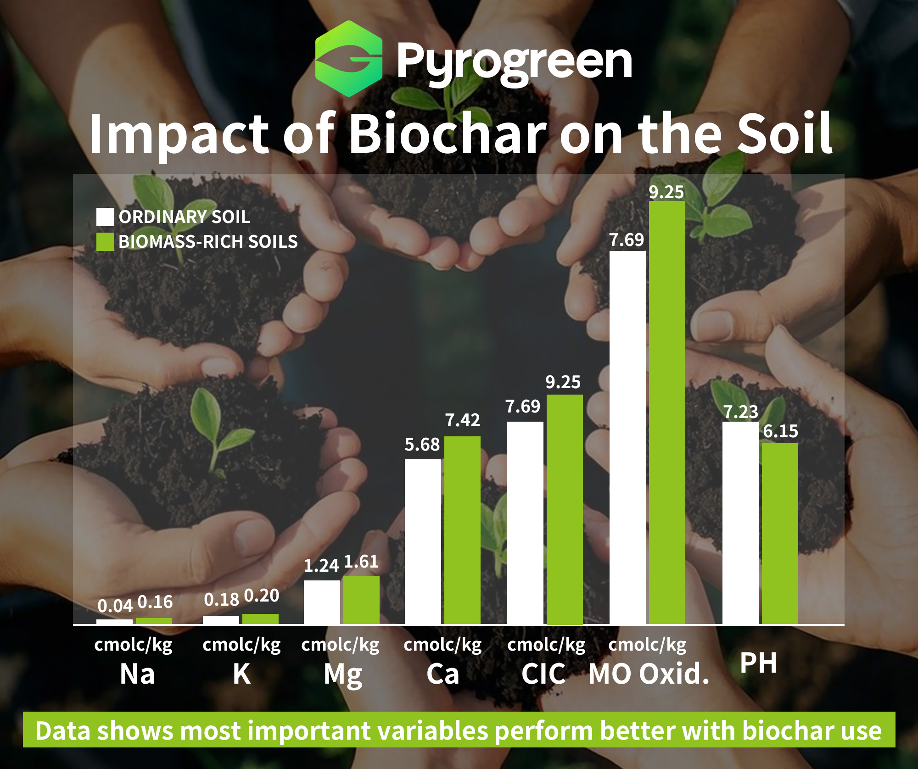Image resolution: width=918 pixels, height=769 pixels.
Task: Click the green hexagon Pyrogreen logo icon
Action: pyautogui.click(x=349, y=59)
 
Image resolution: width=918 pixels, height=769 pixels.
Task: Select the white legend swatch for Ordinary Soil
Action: pyautogui.click(x=105, y=217)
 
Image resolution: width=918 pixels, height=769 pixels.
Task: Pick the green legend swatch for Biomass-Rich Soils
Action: pyautogui.click(x=105, y=242)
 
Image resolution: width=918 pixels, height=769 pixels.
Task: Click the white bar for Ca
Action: pyautogui.click(x=423, y=542)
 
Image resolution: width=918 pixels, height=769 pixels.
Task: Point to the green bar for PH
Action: pyautogui.click(x=780, y=534)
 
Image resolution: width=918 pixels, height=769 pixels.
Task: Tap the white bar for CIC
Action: pyautogui.click(x=525, y=523)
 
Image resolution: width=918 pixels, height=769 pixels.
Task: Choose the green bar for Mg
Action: pyautogui.click(x=361, y=600)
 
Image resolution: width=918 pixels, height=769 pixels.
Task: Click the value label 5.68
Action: pyautogui.click(x=422, y=445)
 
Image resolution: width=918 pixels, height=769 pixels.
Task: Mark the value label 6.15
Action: pyautogui.click(x=780, y=431)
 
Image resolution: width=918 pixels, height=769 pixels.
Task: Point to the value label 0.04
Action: pyautogui.click(x=115, y=606)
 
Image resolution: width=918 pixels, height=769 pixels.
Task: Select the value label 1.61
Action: pyautogui.click(x=361, y=562)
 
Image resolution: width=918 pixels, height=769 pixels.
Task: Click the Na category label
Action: pyautogui.click(x=137, y=674)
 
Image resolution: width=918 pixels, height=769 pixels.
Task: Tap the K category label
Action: pyautogui.click(x=241, y=674)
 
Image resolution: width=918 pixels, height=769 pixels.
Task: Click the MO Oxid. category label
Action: pyautogui.click(x=649, y=674)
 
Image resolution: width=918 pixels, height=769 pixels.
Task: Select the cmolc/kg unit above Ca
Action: pyautogui.click(x=442, y=645)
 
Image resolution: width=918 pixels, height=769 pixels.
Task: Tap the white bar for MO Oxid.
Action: pyautogui.click(x=627, y=438)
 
